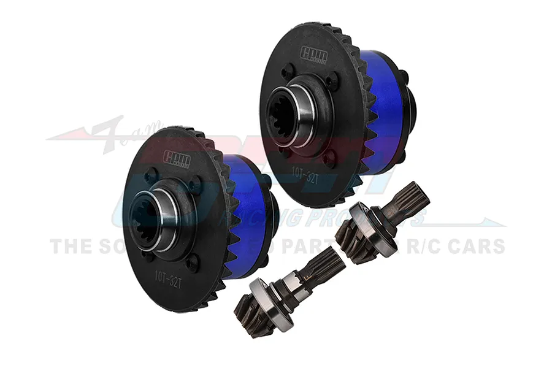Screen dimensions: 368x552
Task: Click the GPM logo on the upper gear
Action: (x=313, y=55)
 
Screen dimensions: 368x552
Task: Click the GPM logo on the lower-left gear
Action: (x=176, y=159)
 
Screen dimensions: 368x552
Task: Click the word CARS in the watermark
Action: (x=474, y=246)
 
